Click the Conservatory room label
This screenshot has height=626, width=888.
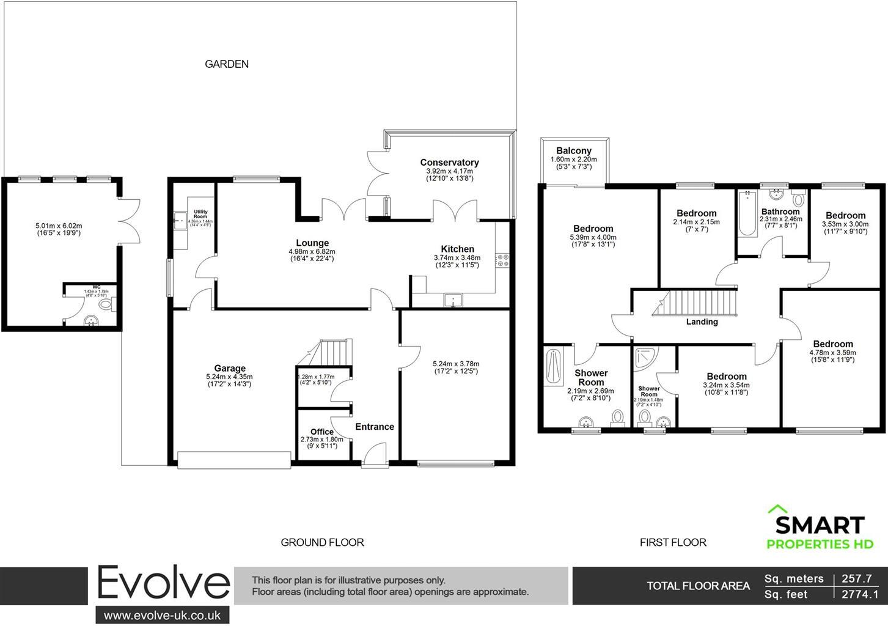[449, 163]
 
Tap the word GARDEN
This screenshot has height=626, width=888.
[226, 64]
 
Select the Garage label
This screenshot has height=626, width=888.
[230, 368]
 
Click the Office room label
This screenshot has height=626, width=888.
[322, 432]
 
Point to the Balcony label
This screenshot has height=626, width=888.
[574, 151]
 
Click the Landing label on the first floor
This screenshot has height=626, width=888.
[702, 322]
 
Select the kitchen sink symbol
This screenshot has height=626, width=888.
[453, 300]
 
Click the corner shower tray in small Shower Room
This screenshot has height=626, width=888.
[644, 358]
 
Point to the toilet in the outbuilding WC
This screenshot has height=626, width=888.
[106, 303]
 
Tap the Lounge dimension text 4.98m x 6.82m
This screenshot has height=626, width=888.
[312, 251]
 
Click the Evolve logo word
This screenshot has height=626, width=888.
[163, 584]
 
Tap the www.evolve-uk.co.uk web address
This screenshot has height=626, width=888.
[162, 615]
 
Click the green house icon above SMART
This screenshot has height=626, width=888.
[777, 509]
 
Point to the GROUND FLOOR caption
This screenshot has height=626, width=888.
[322, 542]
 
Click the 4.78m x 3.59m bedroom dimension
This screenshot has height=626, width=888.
[832, 353]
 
